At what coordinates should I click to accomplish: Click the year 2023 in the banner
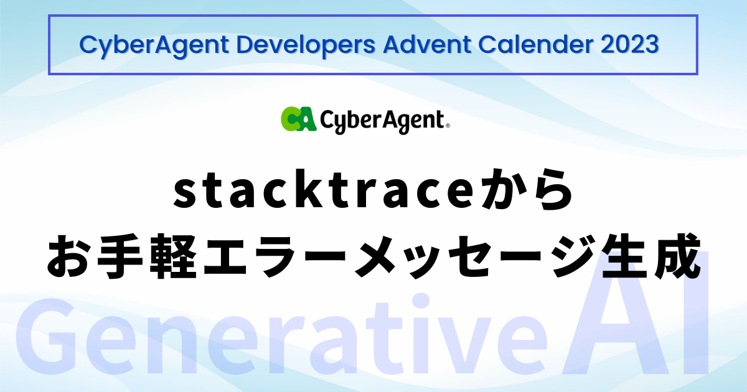[632, 45]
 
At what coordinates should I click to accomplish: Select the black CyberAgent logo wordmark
[381, 119]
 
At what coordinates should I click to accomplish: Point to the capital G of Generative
[47, 342]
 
